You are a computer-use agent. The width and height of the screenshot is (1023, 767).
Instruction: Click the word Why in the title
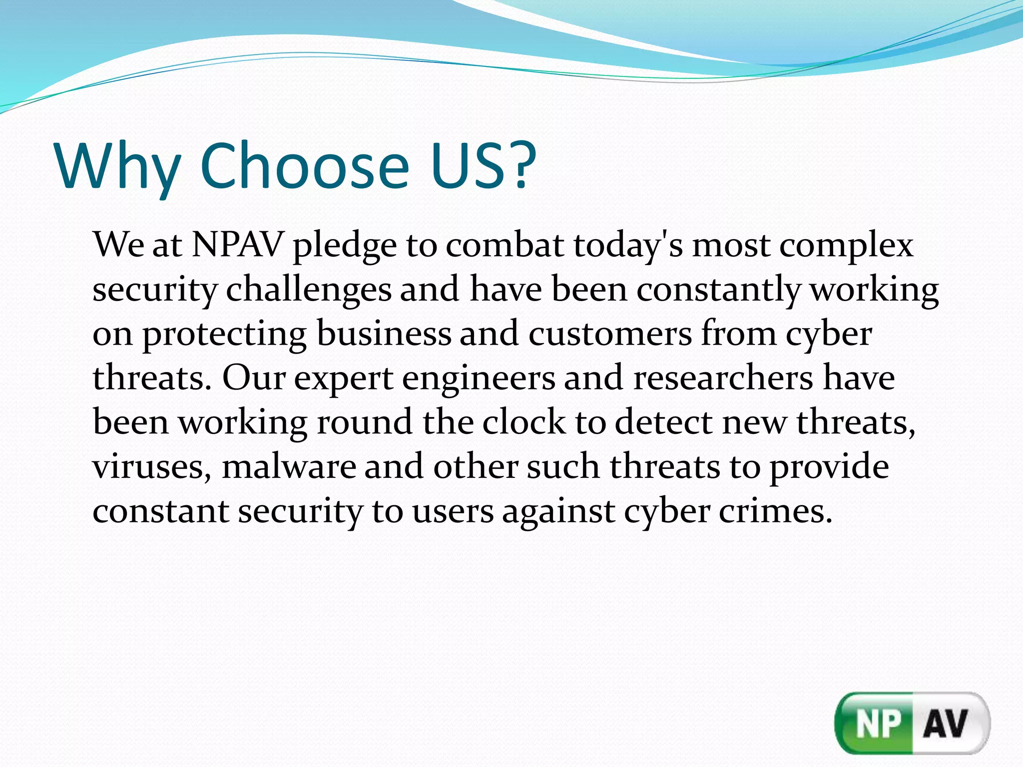point(118,167)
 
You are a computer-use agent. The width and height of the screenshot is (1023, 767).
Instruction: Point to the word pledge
point(345,247)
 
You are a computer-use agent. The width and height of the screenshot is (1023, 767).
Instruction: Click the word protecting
point(225,335)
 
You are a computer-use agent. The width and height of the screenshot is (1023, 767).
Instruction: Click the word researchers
point(723,378)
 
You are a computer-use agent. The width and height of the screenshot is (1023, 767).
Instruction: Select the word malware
point(289,467)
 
